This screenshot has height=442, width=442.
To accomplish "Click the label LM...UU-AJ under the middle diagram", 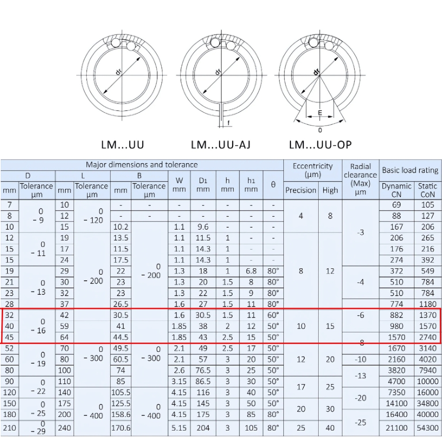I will pos(221,145).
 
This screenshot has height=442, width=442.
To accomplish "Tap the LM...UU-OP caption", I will pos(320,145).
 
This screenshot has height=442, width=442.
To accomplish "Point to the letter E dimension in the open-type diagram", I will pos(320,113).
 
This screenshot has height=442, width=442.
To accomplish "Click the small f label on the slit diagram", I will pos(229,122).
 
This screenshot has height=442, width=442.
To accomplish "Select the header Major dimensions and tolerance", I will pos(141,165).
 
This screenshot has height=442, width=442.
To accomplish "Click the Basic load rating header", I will pos(410,170).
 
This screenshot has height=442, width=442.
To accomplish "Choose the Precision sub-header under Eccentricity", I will pos(301,190).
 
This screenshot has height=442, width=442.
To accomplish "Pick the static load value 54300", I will pos(427,428).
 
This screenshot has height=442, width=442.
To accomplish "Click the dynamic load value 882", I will pos(396,315).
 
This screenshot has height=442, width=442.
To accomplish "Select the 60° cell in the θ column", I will pos(273,315).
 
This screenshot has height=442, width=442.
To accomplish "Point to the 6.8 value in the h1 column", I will pos(251,271).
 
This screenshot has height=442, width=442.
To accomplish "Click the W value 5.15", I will pos(179,428).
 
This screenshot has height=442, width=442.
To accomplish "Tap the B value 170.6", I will pos(121,428).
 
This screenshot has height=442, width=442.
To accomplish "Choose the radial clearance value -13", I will pos(361,376).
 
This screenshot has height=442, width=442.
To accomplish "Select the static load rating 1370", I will pos(427,315).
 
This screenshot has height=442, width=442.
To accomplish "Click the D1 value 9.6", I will pos(203,227).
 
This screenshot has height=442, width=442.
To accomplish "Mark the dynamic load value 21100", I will pos(396,428).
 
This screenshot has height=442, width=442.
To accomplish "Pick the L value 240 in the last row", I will pos(65,428).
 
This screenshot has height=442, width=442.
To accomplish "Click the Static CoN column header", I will pos(427,190).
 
